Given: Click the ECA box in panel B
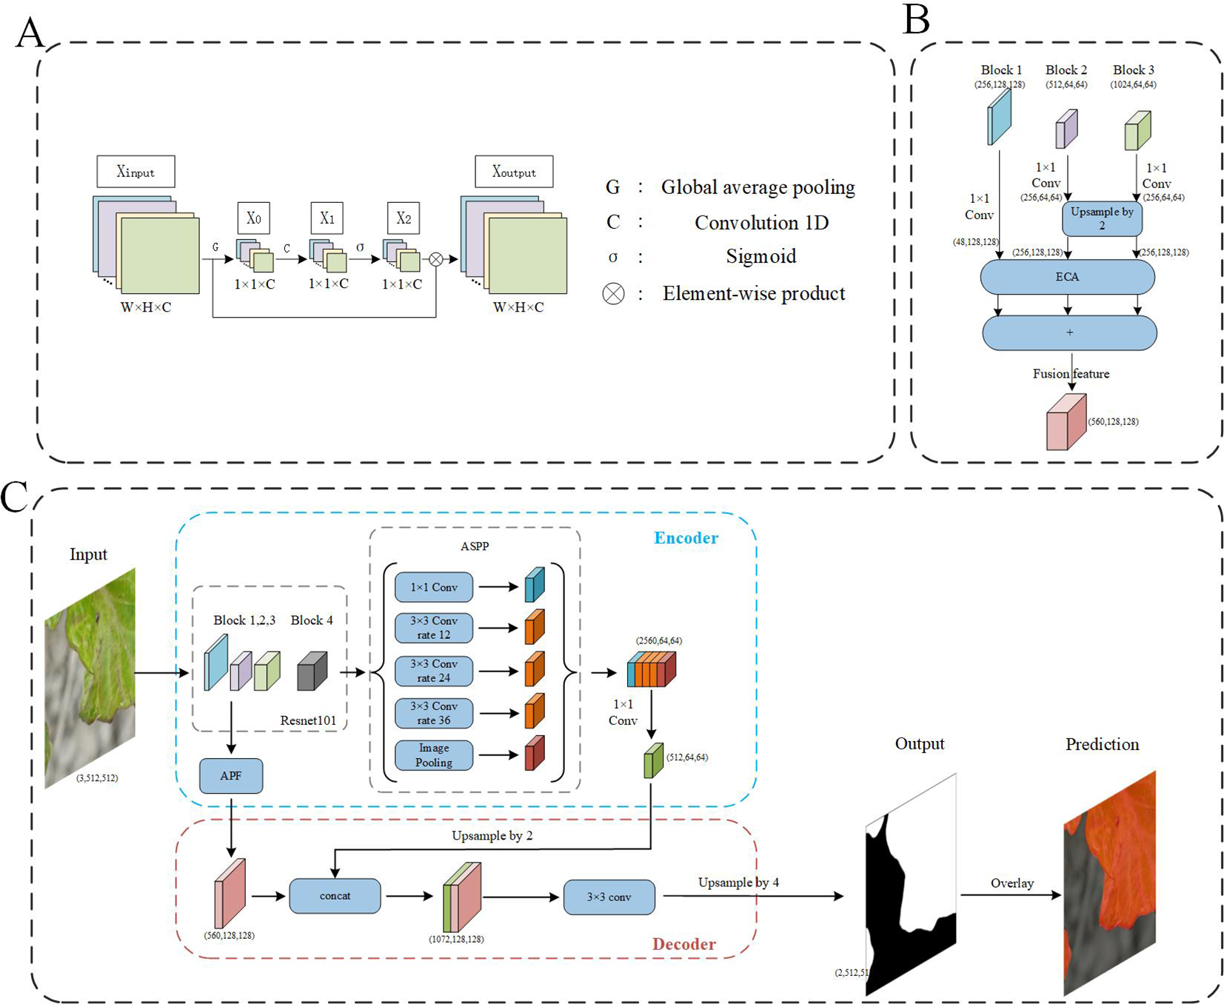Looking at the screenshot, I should click(x=1066, y=277).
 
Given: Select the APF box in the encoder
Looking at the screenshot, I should click(x=230, y=775).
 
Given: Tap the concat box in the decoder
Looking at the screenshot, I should click(x=335, y=896).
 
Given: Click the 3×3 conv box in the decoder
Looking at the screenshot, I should click(x=609, y=897).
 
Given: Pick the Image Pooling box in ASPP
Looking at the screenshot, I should click(x=434, y=755).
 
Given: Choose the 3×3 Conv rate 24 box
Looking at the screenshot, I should click(x=434, y=671).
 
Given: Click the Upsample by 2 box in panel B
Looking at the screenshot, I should click(x=1101, y=218).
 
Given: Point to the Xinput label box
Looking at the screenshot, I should click(x=136, y=172).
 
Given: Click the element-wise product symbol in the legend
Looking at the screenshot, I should click(x=613, y=294).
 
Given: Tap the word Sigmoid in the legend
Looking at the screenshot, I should click(x=760, y=256).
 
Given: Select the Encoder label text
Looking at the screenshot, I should click(x=686, y=538).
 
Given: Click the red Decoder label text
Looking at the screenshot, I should click(x=683, y=944).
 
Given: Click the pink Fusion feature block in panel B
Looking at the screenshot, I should click(x=1066, y=424).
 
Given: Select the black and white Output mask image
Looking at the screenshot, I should click(x=911, y=885).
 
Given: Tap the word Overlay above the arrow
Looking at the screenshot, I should click(x=1011, y=883).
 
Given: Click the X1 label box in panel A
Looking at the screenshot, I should click(x=327, y=218).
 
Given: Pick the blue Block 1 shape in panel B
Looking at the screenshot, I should click(x=999, y=118).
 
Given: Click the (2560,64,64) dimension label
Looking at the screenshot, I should click(x=658, y=640).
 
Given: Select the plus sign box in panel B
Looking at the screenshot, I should click(x=1069, y=333).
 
